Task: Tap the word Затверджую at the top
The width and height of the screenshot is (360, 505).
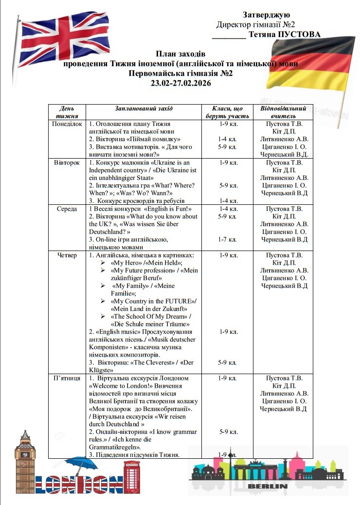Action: tap(266, 15)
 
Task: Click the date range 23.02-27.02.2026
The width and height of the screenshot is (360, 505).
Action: tap(181, 83)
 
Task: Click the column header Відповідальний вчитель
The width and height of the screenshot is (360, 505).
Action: tap(283, 112)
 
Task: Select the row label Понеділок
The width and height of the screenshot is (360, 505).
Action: tap(68, 124)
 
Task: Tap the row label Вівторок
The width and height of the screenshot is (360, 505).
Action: tap(68, 162)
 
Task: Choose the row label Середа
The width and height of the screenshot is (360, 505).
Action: tap(68, 209)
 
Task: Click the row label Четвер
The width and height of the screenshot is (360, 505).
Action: tap(68, 255)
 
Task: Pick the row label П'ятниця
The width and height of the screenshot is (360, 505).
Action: tap(68, 378)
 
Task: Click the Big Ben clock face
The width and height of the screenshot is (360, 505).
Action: tap(24, 454)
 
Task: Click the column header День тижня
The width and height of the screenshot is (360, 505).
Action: tap(68, 112)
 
